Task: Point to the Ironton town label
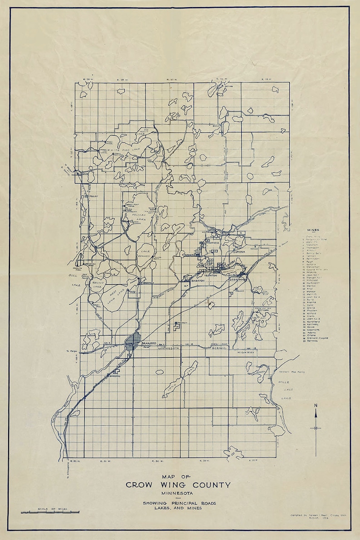tap(210, 275)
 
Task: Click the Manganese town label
tap(211, 243)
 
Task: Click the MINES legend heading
tap(313, 230)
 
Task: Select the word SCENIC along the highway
tap(219, 349)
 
